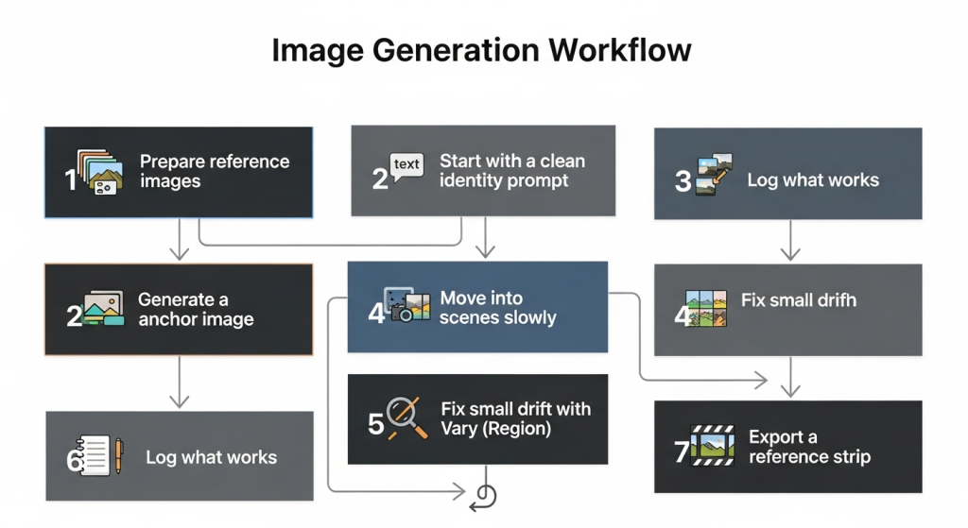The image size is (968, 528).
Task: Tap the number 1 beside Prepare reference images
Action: point(71,179)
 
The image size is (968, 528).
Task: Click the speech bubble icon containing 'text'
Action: point(406,167)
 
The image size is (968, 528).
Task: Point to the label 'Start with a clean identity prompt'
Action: point(511,171)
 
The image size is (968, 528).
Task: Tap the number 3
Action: point(683,180)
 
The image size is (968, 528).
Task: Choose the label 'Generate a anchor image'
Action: point(196,309)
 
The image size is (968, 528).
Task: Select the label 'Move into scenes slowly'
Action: point(497,308)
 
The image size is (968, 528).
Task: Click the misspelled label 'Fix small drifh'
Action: point(798,300)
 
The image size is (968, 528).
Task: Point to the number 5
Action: point(375,423)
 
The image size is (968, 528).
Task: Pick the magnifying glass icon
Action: point(404,417)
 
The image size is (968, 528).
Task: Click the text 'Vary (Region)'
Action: point(495,429)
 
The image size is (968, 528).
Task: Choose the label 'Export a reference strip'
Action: point(809,447)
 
